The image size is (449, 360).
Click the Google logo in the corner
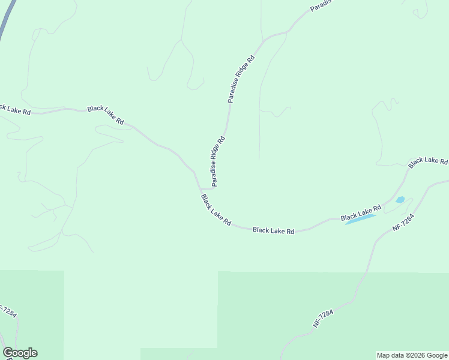coord(20,353)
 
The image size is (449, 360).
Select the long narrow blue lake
coord(360,220)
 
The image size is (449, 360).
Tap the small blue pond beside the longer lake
coord(400,200)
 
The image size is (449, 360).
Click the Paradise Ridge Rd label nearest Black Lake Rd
coord(217,160)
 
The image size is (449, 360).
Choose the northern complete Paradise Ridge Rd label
coord(241,79)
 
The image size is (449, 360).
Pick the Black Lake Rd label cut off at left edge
coord(14,110)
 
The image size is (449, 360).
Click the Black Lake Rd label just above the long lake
coord(361,212)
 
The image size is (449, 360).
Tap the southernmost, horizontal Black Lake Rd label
coord(273,230)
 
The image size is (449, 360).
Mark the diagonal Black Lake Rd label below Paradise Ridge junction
coord(215,210)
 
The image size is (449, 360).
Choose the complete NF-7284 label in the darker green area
coord(322,318)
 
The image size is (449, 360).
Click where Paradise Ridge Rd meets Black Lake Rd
coord(200,188)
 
